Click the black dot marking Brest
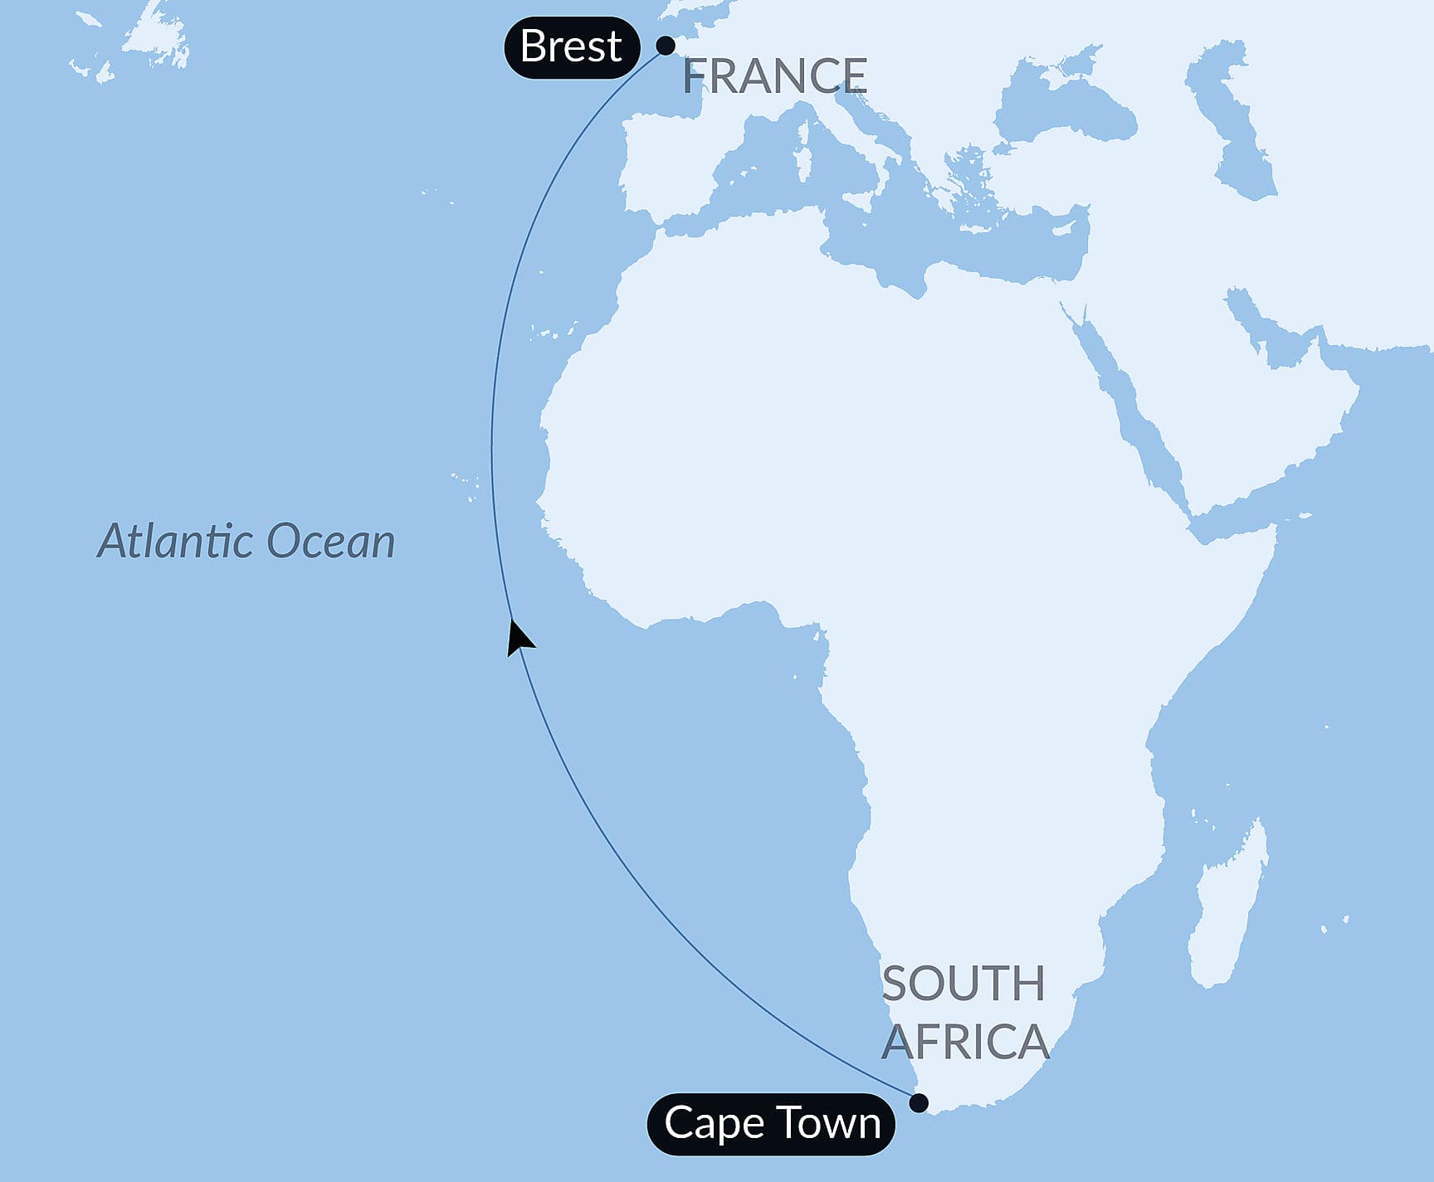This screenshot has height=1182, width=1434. pyautogui.click(x=666, y=46)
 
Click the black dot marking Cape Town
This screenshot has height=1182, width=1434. pyautogui.click(x=919, y=1102)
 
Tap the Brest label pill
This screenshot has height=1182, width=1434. pyautogui.click(x=571, y=47)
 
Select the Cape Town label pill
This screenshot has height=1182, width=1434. pyautogui.click(x=771, y=1124)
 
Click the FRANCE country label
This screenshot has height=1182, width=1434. pyautogui.click(x=775, y=76)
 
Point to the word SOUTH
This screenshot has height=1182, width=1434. pyautogui.click(x=963, y=985)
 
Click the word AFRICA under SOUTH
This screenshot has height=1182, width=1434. pyautogui.click(x=965, y=1042)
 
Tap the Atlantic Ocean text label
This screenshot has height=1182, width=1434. pyautogui.click(x=246, y=542)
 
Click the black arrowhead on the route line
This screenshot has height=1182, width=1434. pyautogui.click(x=519, y=639)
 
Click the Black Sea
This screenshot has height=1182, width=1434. pyautogui.click(x=1062, y=108)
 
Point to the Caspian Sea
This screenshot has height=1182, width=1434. pyautogui.click(x=1236, y=124)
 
